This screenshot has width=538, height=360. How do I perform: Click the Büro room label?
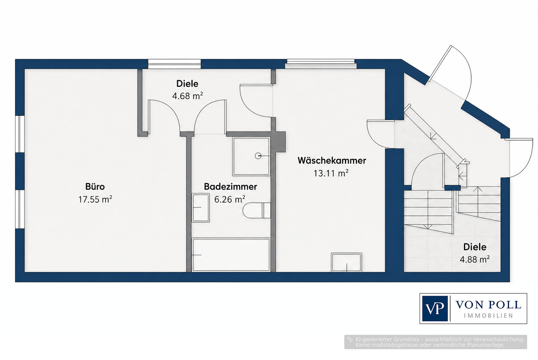95,186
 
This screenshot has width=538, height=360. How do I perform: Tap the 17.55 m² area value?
95,199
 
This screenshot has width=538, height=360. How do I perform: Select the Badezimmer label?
230,186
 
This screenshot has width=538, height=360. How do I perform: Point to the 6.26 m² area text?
230,199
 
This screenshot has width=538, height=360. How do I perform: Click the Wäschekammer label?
332,160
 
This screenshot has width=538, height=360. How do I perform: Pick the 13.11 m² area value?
331,173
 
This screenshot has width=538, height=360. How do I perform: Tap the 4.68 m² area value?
188,96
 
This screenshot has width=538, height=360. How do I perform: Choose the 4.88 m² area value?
475,259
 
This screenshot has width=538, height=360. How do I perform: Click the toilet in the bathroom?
256,210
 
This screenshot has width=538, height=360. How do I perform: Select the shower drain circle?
258,156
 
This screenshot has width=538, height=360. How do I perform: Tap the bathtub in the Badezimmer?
231,255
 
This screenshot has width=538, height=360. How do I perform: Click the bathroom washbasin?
200,208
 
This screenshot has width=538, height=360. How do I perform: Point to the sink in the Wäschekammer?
346,262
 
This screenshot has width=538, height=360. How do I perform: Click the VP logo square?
435,309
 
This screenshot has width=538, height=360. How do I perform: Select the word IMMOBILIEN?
489,316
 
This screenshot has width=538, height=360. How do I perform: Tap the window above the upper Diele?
174,64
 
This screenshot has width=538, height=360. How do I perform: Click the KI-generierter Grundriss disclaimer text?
436,342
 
